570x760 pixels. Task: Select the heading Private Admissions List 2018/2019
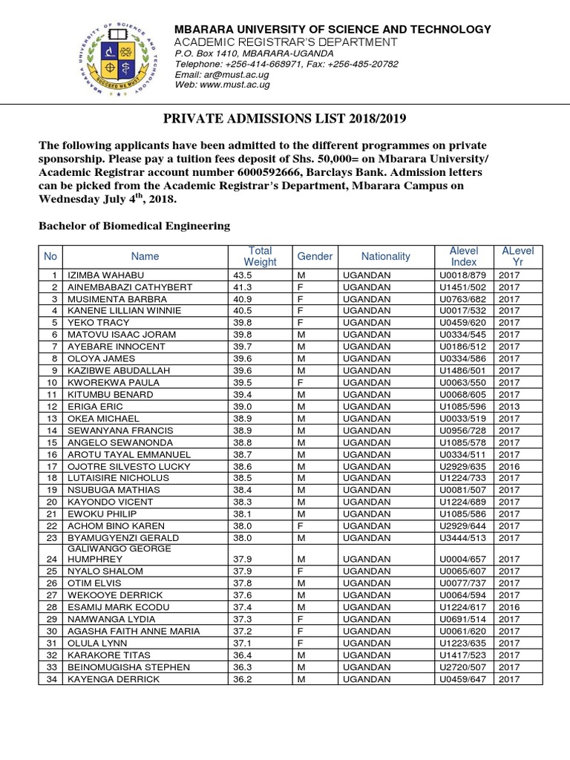coord(284,119)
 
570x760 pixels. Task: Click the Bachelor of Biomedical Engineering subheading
coord(134,226)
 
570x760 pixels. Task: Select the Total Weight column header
coord(260,256)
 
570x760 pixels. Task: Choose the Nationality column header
coord(385,256)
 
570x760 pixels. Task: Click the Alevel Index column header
coord(464,256)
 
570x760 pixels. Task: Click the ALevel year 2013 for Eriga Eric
coord(509,407)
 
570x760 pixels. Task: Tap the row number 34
coord(52,679)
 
